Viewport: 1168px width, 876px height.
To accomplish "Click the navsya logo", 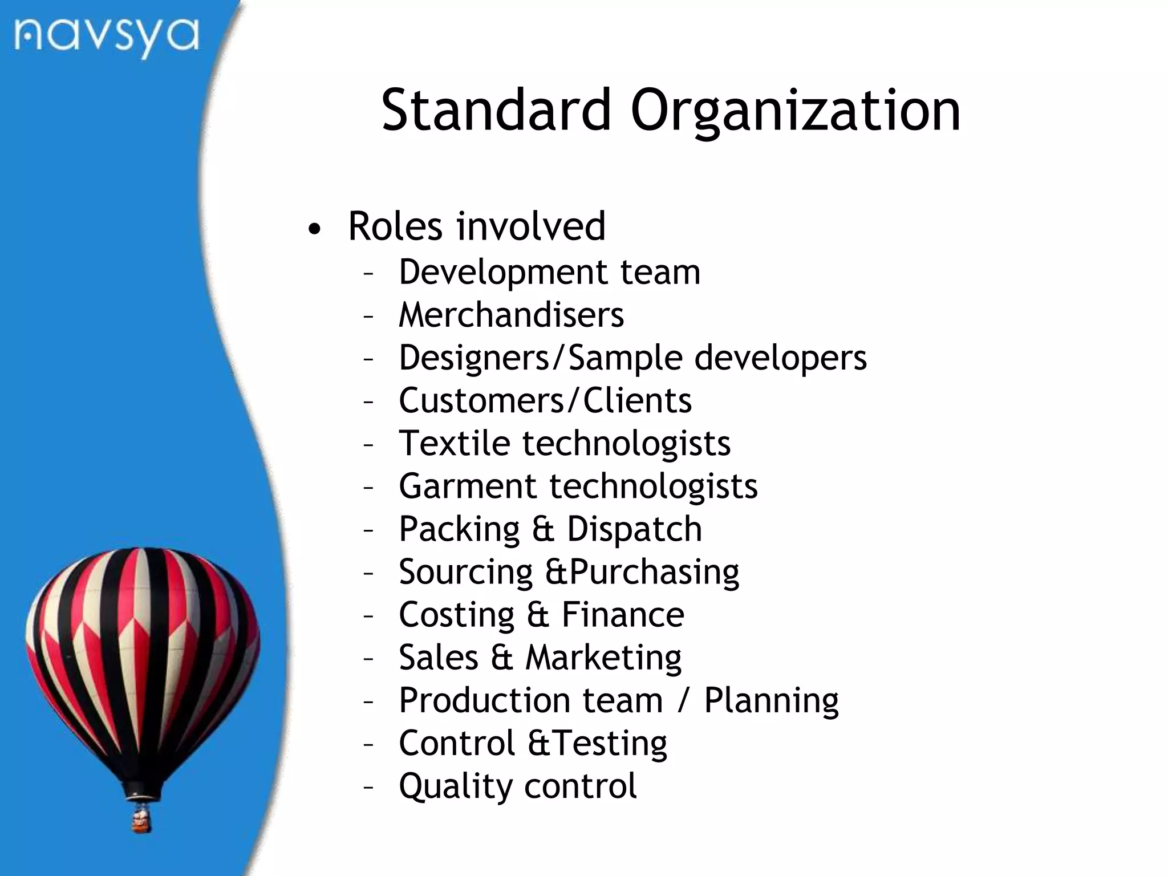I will pos(107,37).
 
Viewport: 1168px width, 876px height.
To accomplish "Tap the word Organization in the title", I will pos(796,111).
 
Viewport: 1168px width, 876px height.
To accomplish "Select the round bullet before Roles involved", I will pos(314,229).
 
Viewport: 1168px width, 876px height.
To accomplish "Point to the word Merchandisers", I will pos(511,315).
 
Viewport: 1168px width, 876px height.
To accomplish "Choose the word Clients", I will pos(637,400).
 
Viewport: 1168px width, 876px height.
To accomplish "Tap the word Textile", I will pos(454,443).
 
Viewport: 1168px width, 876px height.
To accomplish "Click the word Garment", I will pos(468,486).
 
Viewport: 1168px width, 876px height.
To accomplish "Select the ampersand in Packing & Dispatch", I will pos(543,529).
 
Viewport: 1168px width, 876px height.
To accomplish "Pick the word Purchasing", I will pos(654,572).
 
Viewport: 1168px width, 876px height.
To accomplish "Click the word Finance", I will pos(623,615).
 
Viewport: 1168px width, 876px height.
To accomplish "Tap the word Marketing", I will pos(603,658).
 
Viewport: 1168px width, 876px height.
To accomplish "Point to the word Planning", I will pos(771,701).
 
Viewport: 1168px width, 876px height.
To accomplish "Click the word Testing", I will pos(610,744).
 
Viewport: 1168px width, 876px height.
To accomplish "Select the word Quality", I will pos(456,786).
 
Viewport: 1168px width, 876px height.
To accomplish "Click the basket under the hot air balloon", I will pos(141,820).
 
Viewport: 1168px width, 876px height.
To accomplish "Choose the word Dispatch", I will pos(634,529).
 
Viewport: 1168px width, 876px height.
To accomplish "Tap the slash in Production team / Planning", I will pos(683,700).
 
